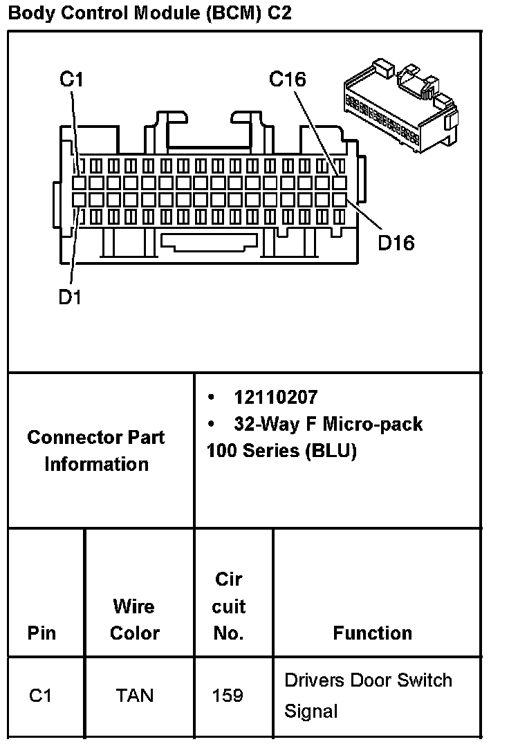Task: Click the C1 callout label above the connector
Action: point(71,80)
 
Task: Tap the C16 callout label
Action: point(287,80)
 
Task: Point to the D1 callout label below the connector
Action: point(70,297)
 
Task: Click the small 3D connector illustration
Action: point(401,104)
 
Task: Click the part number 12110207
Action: point(275,397)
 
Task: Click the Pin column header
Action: point(41,633)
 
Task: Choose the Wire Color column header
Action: point(134,620)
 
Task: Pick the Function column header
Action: point(372,633)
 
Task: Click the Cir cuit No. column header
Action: point(228,606)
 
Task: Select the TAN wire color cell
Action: point(134,695)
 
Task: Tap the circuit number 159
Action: point(228,695)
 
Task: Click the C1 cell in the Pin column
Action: point(41,695)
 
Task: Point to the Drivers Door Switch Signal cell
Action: point(368,695)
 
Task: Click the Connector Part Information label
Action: point(96,450)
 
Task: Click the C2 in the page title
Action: point(279,13)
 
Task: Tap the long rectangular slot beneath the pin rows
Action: point(207,241)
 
